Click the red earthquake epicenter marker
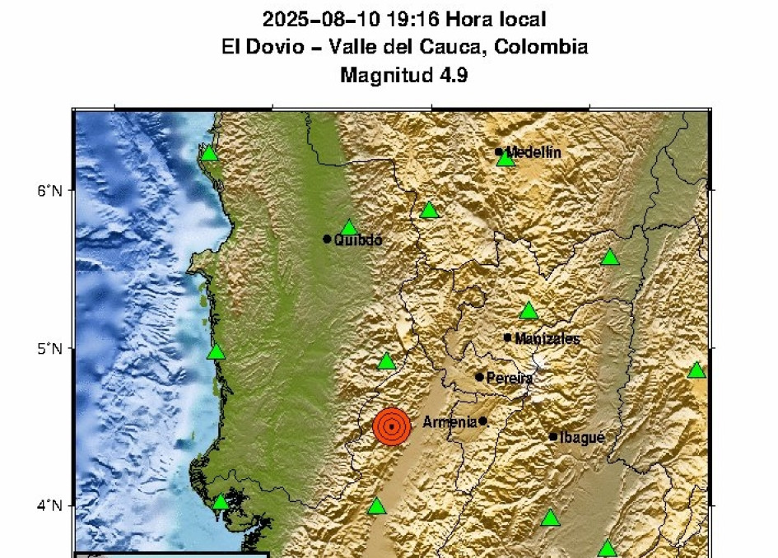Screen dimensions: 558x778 coord(391,426)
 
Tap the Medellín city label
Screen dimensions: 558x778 coord(533,152)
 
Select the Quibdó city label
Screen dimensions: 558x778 coord(358,240)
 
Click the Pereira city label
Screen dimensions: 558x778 coord(510,379)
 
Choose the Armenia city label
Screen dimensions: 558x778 coord(450,422)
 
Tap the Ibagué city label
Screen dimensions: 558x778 coord(582,438)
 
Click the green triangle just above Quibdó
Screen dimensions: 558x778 coord(349,228)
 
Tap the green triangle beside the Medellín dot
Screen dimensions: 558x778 coord(505,158)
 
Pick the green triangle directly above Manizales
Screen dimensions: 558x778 coord(529,310)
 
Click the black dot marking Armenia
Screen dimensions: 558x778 coord(483,421)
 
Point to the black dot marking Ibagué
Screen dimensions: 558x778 coord(553,437)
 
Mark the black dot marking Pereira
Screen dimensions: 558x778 coord(480,377)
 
